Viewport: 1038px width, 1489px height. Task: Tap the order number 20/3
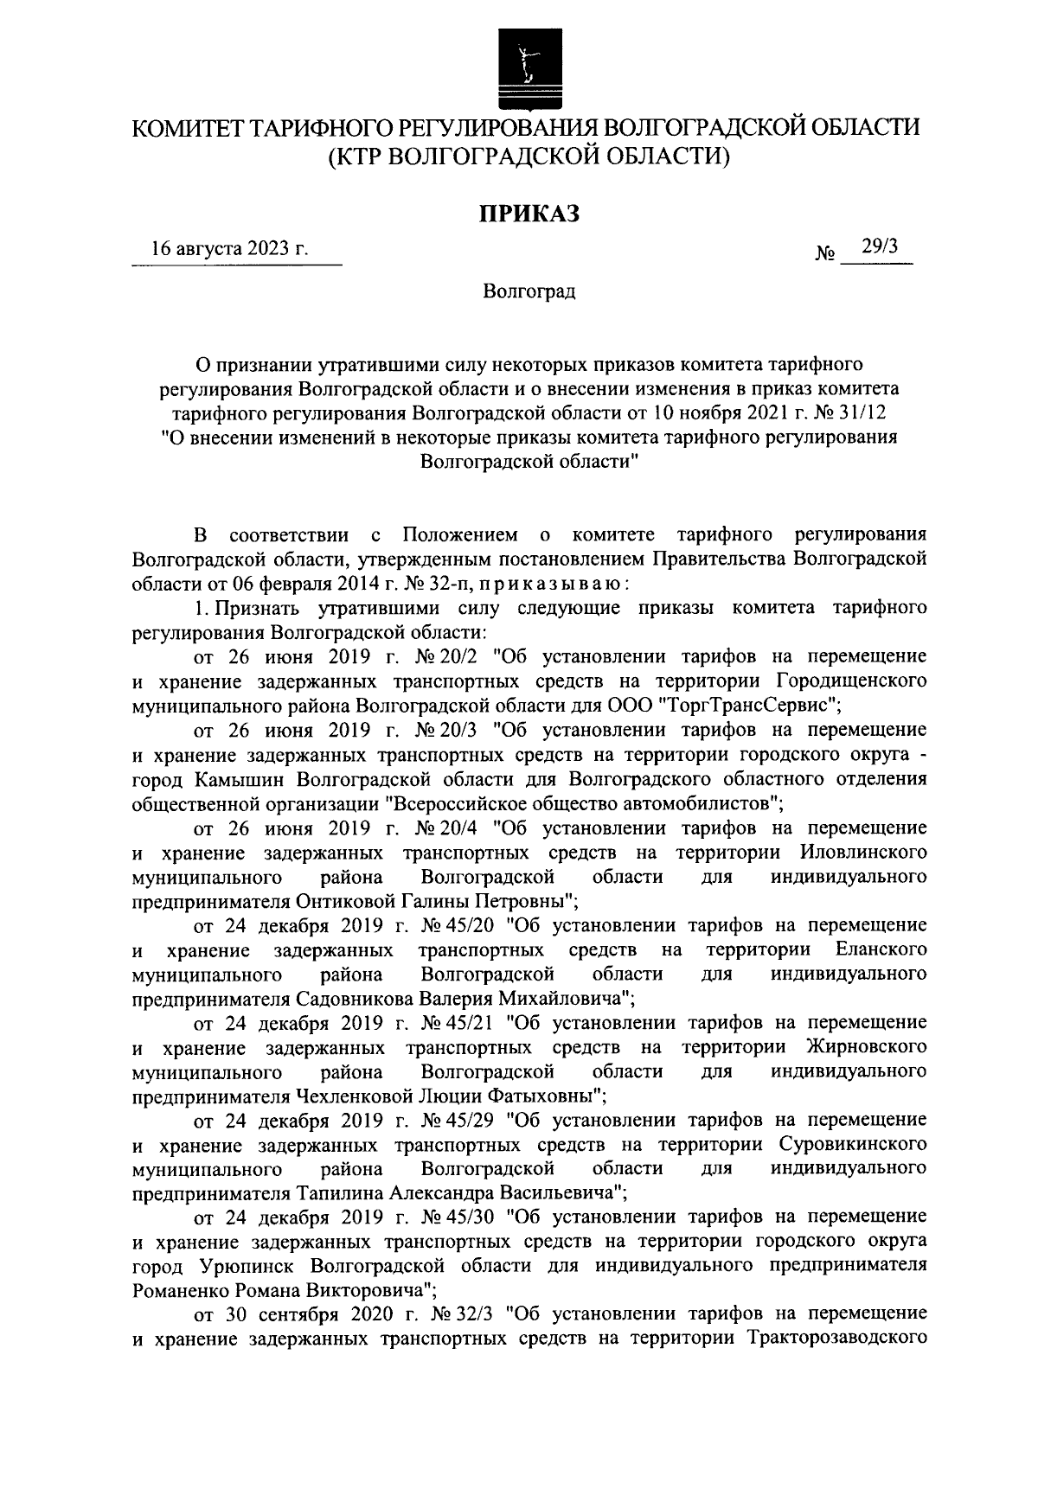point(454,729)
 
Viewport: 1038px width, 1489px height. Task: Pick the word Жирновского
point(867,1047)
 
